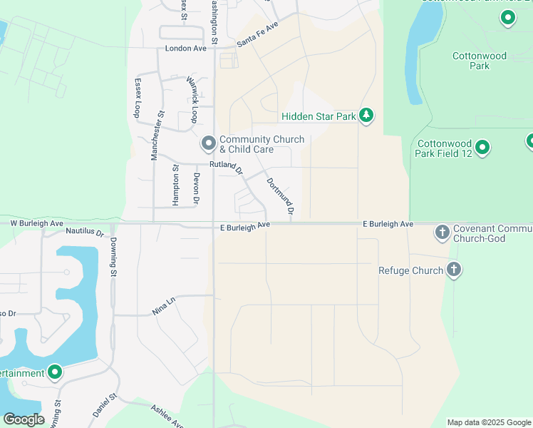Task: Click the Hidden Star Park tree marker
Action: [366, 116]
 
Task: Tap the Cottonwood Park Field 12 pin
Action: [482, 148]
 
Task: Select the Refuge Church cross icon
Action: [453, 270]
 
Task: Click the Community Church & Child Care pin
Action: [209, 144]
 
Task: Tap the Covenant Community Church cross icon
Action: [442, 232]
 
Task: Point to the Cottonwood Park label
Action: [480, 61]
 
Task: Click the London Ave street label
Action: [185, 49]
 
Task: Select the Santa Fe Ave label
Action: [257, 34]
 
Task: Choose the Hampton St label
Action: [175, 185]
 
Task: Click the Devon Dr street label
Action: [196, 187]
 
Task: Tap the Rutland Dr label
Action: [227, 167]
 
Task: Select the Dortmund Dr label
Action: [280, 196]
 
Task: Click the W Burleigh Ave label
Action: [33, 223]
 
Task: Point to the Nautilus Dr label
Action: [85, 232]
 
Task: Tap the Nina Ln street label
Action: [163, 307]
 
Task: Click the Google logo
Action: [24, 419]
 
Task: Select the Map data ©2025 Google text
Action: [488, 422]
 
